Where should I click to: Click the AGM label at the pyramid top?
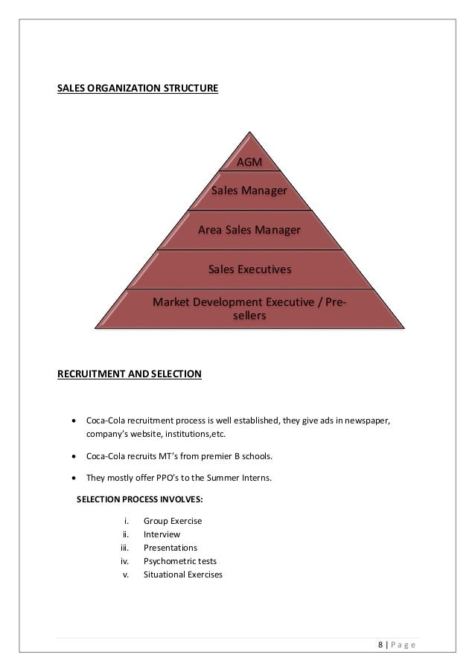pos(249,162)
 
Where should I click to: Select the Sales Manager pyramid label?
pos(249,191)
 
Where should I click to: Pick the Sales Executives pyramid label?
pos(249,269)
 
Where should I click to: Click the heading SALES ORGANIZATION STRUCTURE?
pos(138,89)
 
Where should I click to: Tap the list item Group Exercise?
pos(172,521)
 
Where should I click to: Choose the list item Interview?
pos(162,534)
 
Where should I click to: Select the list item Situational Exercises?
pos(182,575)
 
